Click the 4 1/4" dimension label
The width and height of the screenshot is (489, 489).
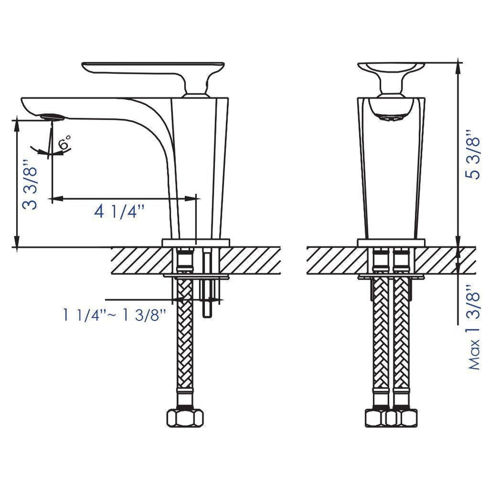click(x=119, y=212)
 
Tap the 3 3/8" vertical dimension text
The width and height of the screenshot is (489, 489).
click(x=30, y=184)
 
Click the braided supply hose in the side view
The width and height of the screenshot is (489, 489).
click(x=184, y=338)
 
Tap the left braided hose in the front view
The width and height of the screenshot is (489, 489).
click(x=381, y=338)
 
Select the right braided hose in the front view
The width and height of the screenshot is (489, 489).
click(x=401, y=338)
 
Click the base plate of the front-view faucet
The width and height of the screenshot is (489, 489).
click(x=391, y=243)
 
